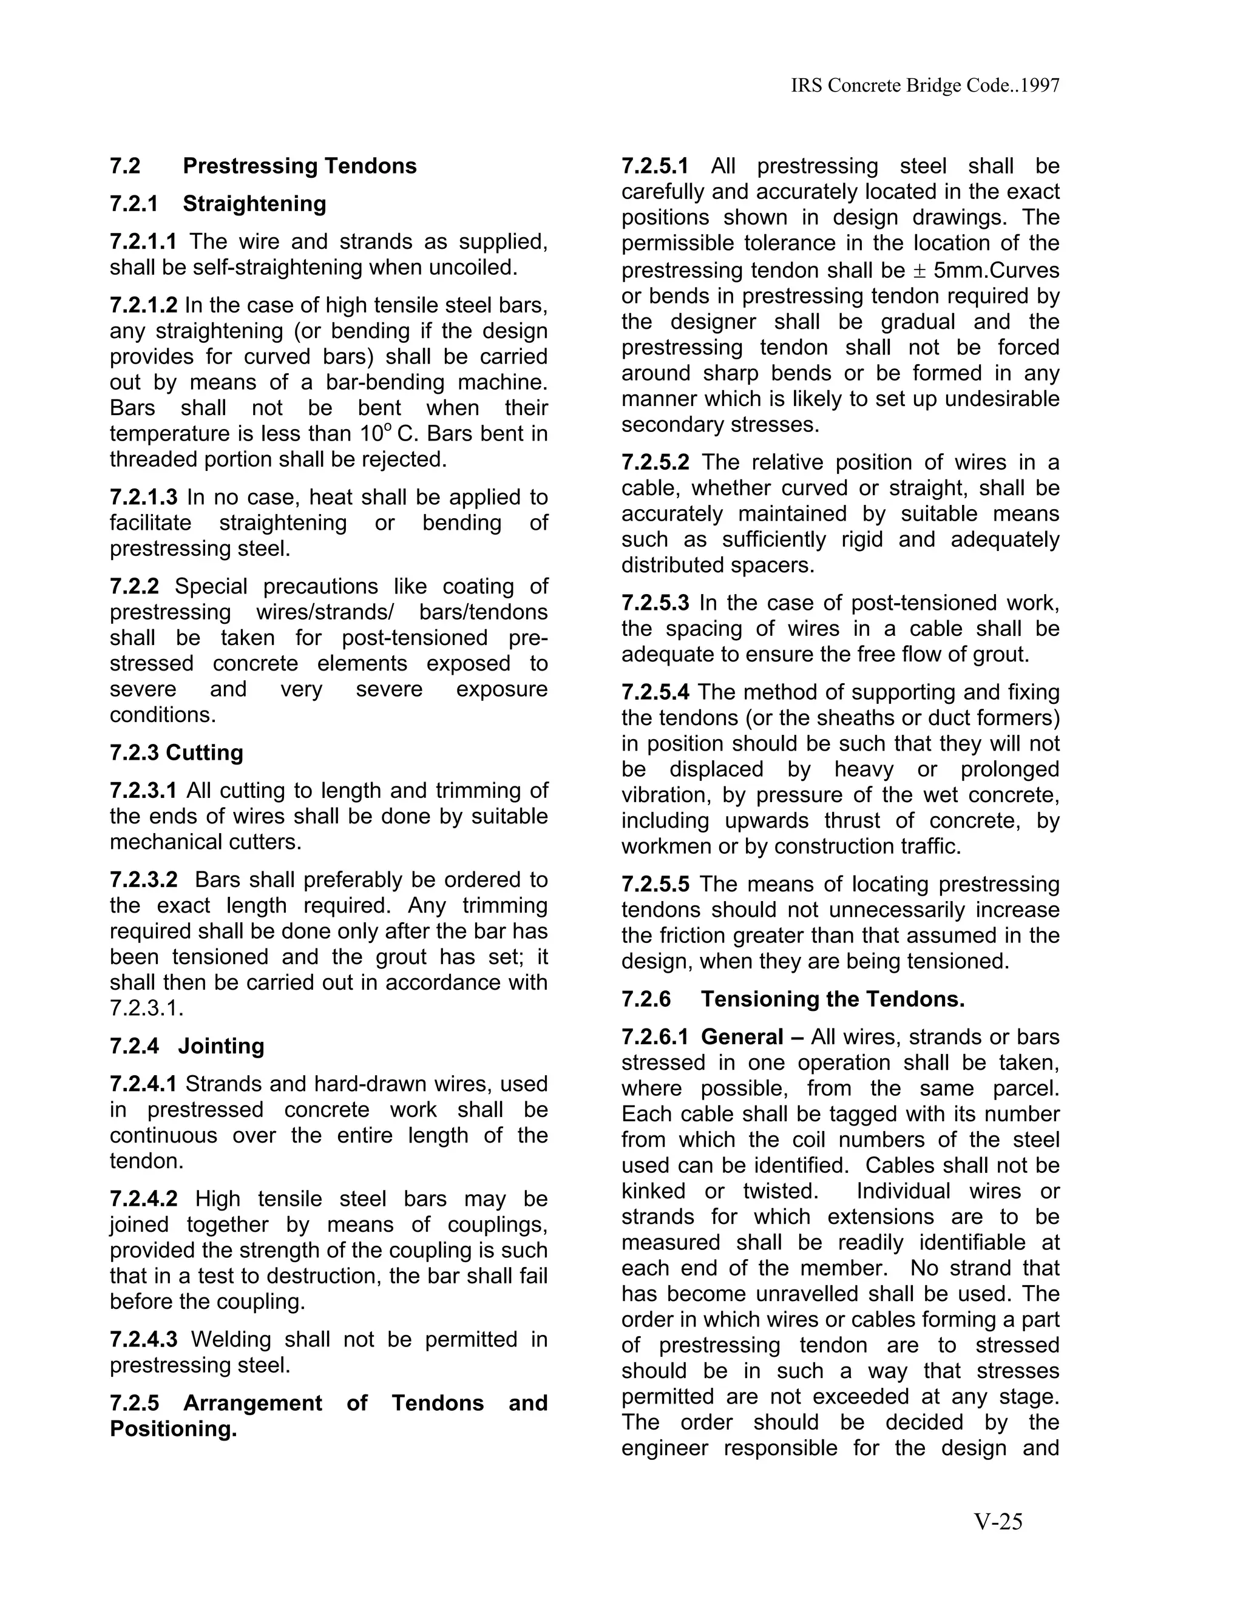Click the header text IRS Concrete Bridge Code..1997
click(925, 86)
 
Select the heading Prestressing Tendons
click(299, 166)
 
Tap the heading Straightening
click(254, 204)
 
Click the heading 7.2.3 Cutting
click(176, 753)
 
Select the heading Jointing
click(220, 1046)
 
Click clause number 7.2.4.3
click(144, 1339)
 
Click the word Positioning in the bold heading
click(173, 1429)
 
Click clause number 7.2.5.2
click(655, 462)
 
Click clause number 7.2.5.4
click(655, 692)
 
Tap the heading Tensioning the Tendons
click(832, 999)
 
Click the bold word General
click(742, 1038)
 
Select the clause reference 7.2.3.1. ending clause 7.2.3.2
click(146, 1008)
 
